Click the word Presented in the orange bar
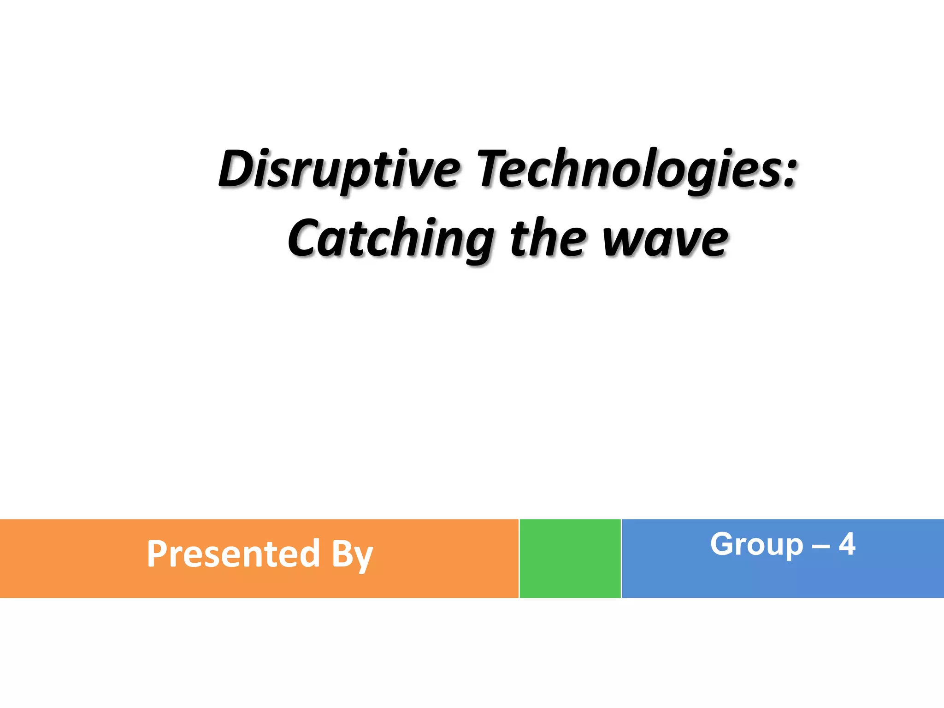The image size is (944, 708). click(x=233, y=554)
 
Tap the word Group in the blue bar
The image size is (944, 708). click(x=756, y=545)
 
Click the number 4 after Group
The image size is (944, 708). click(x=847, y=544)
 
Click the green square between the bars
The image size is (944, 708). click(x=570, y=558)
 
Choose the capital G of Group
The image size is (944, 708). click(x=723, y=544)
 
